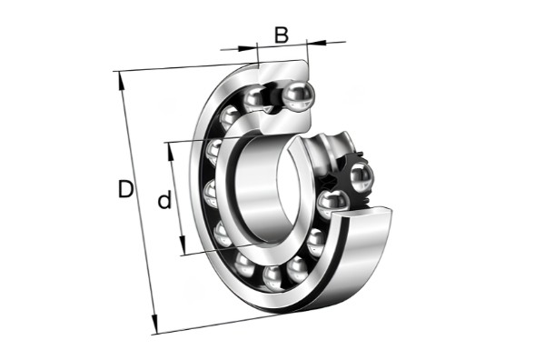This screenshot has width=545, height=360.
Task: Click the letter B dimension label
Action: pyautogui.click(x=282, y=35)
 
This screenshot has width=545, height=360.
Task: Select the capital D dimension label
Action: pyautogui.click(x=125, y=189)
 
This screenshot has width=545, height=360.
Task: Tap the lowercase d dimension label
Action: pyautogui.click(x=164, y=199)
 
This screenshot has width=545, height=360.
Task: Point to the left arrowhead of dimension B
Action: pyautogui.click(x=247, y=47)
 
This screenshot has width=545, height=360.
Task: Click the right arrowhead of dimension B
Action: pyautogui.click(x=317, y=43)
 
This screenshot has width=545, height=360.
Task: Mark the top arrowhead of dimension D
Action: pyautogui.click(x=121, y=81)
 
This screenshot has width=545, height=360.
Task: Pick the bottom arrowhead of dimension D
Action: pyautogui.click(x=154, y=325)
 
